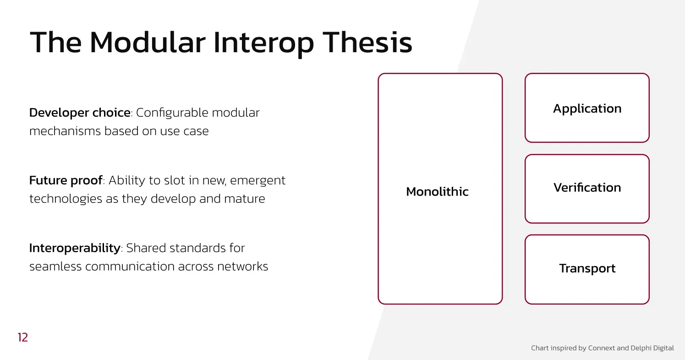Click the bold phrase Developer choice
point(80,113)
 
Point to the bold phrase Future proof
point(66,180)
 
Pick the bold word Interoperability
point(75,248)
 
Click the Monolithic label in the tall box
point(437,191)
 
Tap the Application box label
point(587,109)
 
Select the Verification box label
point(587,188)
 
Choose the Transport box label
point(587,268)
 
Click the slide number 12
point(23,338)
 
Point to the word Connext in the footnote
point(602,348)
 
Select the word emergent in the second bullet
point(258,180)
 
